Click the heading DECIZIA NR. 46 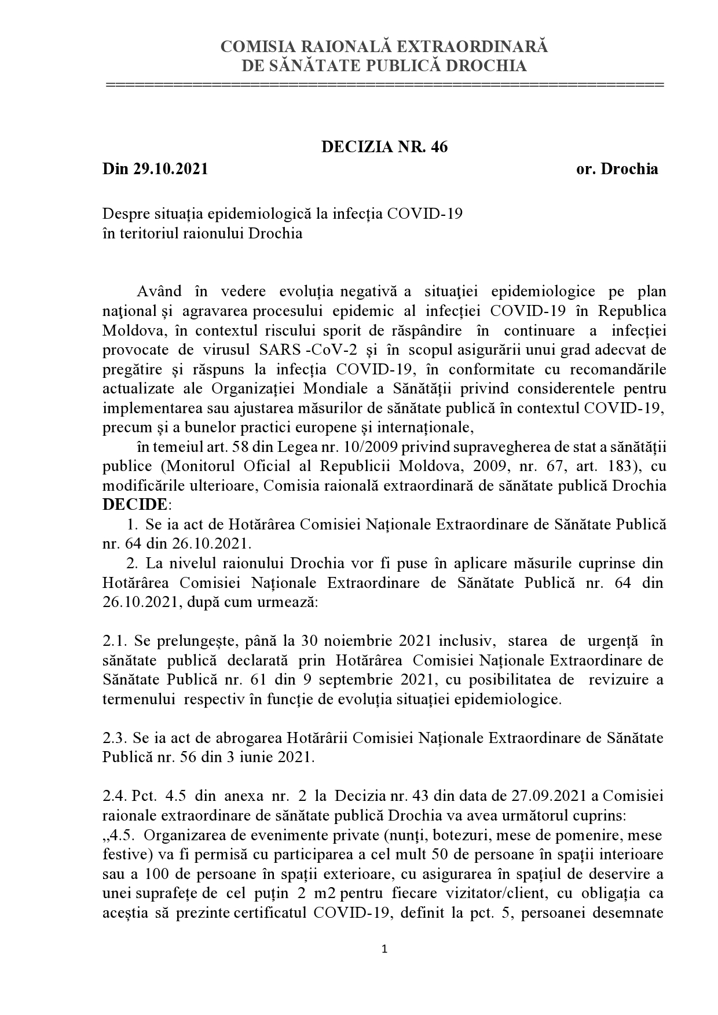[384, 147]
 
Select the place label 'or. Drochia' [617, 170]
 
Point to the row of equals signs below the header [384, 85]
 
